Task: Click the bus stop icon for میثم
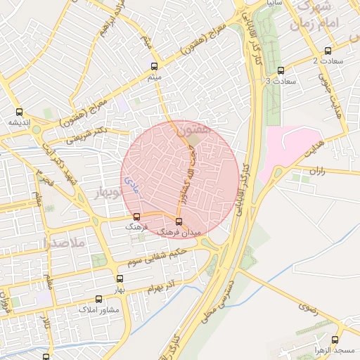click(155, 66)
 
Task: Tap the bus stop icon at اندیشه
click(19, 111)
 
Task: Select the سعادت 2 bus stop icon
click(328, 51)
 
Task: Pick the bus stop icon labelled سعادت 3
click(281, 70)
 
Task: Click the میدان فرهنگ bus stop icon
click(178, 221)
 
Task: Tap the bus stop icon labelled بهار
click(120, 279)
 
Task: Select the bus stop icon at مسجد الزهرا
click(336, 339)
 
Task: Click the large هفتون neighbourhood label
click(193, 130)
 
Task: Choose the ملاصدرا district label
click(63, 243)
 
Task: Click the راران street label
click(317, 171)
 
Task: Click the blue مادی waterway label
click(130, 185)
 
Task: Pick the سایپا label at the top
click(274, 4)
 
